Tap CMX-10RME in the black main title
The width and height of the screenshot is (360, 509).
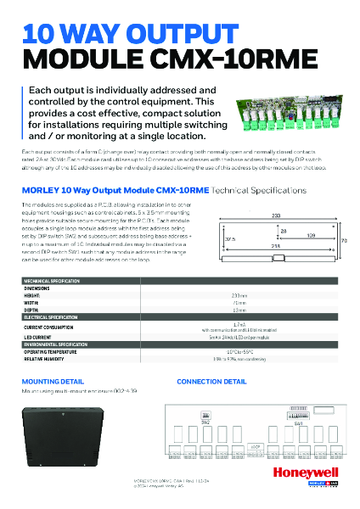click(x=243, y=59)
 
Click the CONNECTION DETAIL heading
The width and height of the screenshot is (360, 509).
click(x=211, y=382)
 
